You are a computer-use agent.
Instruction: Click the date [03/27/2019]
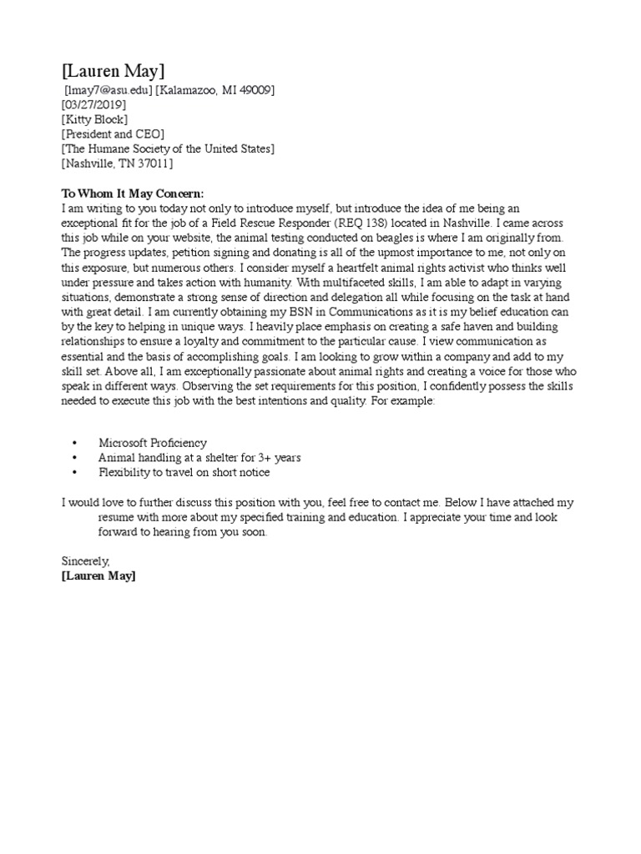click(x=93, y=105)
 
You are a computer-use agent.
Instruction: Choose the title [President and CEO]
click(x=113, y=133)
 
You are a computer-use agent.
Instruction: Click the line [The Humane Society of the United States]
click(x=168, y=148)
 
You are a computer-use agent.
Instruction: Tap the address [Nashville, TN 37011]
click(x=117, y=163)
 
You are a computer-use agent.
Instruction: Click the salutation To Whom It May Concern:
click(x=133, y=193)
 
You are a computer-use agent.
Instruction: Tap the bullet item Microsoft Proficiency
click(x=153, y=443)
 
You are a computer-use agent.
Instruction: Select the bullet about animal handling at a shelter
click(x=199, y=458)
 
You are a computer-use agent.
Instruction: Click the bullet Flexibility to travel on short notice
click(x=184, y=473)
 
